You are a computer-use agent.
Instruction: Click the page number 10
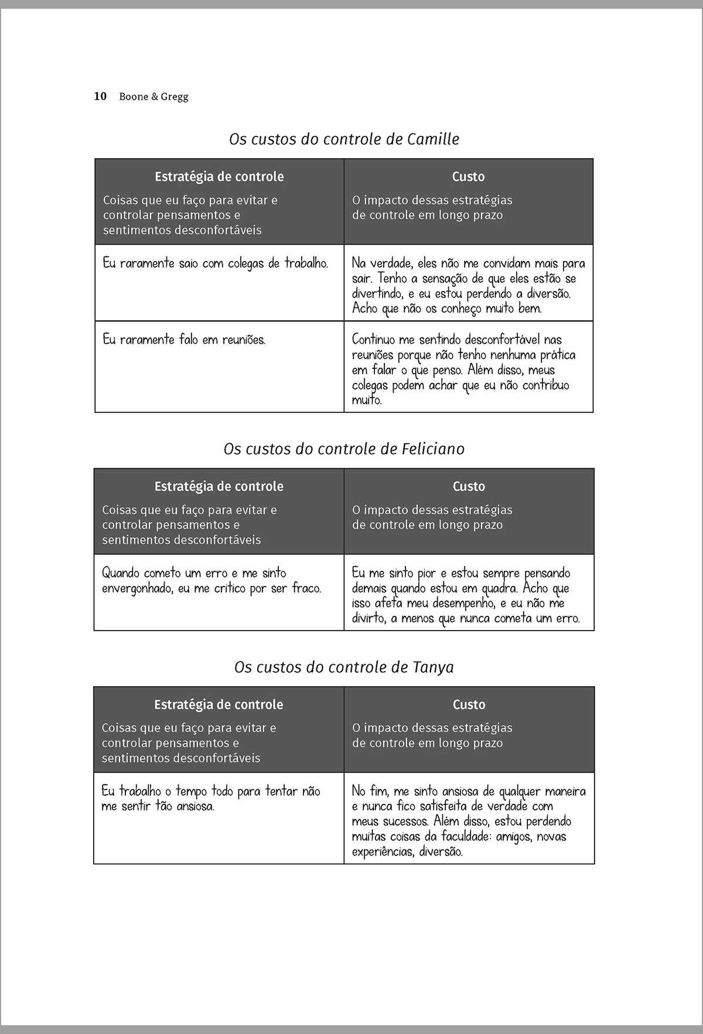point(100,97)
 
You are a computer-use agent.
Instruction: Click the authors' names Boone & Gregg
point(153,97)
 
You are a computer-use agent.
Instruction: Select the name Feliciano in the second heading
point(434,449)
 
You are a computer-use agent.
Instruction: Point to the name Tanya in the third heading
point(433,667)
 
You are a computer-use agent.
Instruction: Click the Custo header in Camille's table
point(468,177)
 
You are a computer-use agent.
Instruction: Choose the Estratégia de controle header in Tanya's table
point(219,705)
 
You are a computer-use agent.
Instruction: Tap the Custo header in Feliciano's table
point(469,487)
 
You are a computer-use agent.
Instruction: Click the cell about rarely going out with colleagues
point(215,263)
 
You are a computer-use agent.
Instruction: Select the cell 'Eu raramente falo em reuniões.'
point(184,340)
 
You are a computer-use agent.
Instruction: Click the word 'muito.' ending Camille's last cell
point(367,400)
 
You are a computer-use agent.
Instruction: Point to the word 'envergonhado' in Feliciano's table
point(136,588)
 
